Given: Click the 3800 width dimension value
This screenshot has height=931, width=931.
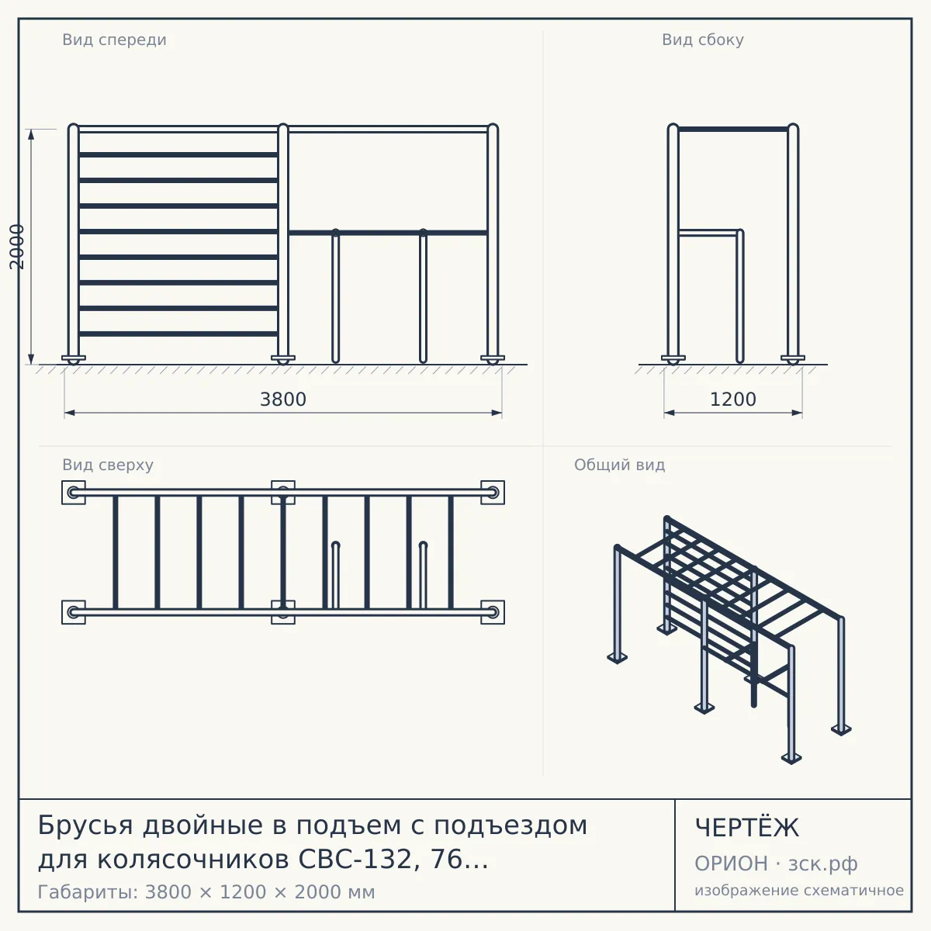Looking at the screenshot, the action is click(283, 400).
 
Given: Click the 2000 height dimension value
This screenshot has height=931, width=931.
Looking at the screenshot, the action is click(17, 247).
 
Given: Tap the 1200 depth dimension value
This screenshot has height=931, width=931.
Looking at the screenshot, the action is click(733, 400).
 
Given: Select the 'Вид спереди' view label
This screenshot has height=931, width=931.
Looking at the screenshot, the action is click(115, 40).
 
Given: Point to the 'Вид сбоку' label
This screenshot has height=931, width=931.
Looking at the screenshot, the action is click(702, 40).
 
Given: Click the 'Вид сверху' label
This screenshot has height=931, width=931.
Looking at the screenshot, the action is click(108, 465).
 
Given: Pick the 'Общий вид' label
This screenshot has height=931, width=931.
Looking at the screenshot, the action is click(619, 465).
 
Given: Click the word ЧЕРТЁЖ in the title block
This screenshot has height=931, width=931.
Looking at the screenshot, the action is click(747, 828).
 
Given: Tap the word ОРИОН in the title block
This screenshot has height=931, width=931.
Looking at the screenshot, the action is click(731, 864).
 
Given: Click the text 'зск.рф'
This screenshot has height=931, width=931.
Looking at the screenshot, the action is click(823, 864).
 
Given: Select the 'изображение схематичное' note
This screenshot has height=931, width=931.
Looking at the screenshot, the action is click(799, 891).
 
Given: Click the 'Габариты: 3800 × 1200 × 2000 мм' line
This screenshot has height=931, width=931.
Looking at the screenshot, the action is click(206, 892).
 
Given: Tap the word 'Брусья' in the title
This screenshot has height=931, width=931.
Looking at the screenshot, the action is click(85, 825).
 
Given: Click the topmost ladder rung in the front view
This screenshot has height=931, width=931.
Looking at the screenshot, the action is click(178, 155).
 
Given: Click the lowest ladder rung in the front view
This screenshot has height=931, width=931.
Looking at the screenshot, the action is click(178, 334).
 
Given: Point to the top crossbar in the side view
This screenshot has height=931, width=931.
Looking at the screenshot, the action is click(733, 129).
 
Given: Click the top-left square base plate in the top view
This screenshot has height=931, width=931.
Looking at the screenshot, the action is click(74, 493).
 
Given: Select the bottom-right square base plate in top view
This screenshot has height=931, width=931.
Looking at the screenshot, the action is click(493, 612).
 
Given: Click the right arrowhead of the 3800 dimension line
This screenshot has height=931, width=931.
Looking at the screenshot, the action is click(497, 413).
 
